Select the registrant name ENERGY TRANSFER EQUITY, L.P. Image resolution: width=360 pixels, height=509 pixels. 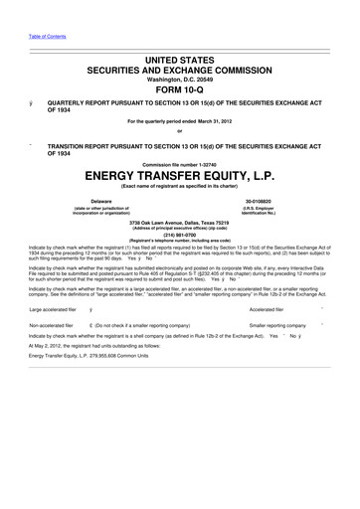(x=180, y=180)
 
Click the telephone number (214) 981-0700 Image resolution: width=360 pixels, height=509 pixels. (x=180, y=235)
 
